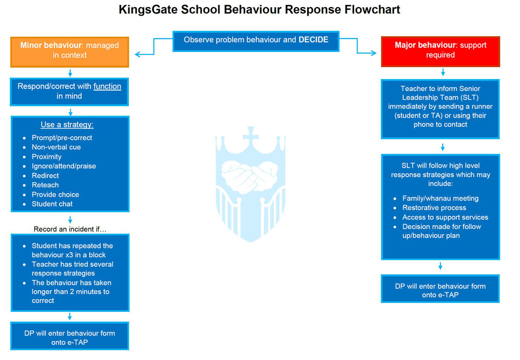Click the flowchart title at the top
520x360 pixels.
coord(259,10)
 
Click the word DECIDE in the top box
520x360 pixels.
coord(313,40)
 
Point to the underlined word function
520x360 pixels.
coord(107,86)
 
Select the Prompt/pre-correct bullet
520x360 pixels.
coord(62,138)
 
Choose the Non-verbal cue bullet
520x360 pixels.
coord(56,147)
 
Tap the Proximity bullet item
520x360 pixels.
coord(47,157)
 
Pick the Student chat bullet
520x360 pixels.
coord(52,204)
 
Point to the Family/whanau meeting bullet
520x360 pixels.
coord(440,198)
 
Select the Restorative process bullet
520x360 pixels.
coord(434,208)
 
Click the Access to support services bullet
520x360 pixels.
coord(445,217)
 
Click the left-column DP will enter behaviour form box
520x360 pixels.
coord(70,337)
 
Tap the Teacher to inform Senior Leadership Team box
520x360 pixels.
coord(440,106)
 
